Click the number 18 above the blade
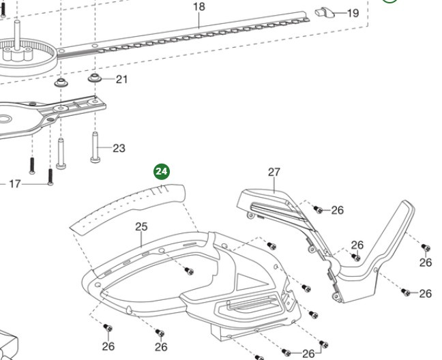(198, 7)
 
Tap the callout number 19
(353, 13)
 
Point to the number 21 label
(121, 79)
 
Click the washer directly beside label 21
(95, 80)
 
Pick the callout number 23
(119, 148)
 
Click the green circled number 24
(161, 171)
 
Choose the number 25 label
(141, 226)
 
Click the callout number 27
(274, 172)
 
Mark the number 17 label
(14, 183)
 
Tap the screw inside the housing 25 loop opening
(190, 271)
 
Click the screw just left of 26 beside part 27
(317, 209)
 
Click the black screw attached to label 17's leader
(50, 178)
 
